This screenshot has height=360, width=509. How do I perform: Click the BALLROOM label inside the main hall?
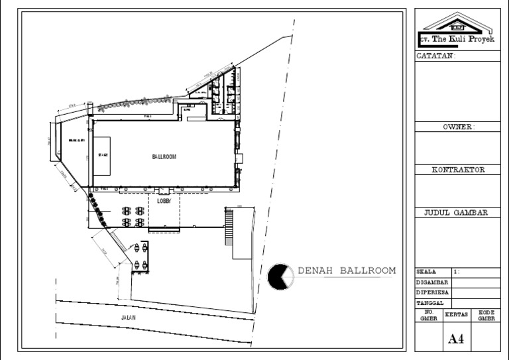coord(163,157)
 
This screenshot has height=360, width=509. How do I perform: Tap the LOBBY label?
coord(164,200)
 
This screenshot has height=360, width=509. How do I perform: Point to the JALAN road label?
coord(129,318)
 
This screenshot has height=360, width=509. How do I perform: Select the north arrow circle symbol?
coord(281,276)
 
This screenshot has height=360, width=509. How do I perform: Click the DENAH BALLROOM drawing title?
coord(347,270)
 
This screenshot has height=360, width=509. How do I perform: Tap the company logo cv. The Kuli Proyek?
coord(457,30)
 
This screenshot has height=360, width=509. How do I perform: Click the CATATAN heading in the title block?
coord(435,56)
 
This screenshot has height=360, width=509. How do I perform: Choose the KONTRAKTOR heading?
coord(458,170)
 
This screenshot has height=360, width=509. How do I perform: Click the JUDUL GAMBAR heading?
coord(456,213)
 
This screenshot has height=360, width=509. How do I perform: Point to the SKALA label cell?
coord(427,272)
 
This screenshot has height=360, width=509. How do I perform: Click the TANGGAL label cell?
coord(429,302)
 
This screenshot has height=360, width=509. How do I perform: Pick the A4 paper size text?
coord(456,339)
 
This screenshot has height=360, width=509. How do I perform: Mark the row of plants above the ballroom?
coord(133,101)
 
